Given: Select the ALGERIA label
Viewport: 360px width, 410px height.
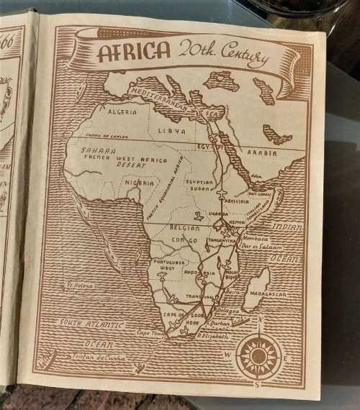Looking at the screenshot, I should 122,112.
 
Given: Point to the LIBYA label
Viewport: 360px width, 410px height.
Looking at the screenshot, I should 172,132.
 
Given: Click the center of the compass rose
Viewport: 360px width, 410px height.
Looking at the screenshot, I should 257,352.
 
